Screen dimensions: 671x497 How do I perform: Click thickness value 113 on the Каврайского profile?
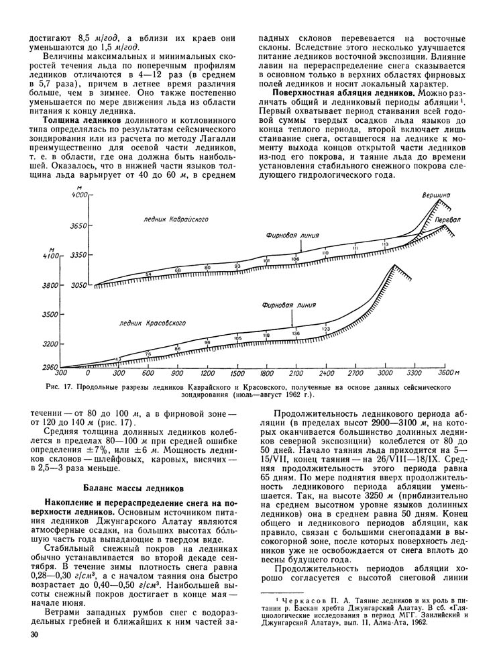[x=385, y=244]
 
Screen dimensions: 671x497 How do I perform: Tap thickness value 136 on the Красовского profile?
[x=296, y=333]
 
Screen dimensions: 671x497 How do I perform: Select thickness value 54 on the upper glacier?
[x=148, y=274]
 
